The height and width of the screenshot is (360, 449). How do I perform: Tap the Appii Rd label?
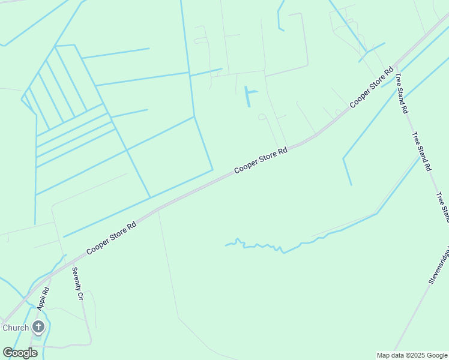42,298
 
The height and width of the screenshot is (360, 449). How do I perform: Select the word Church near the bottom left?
16,328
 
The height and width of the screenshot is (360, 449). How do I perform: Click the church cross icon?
38,327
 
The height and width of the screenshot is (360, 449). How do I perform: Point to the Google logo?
20,352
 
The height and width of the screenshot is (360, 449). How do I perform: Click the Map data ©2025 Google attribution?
411,355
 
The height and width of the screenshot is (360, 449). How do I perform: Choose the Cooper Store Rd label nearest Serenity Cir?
111,238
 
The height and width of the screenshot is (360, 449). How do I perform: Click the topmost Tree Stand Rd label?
401,94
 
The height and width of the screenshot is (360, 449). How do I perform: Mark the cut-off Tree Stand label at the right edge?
443,207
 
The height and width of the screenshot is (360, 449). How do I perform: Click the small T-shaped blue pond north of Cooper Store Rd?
249,95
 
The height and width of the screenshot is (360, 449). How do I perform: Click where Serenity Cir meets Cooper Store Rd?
67,262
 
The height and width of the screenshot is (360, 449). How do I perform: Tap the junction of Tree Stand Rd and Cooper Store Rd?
393,66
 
